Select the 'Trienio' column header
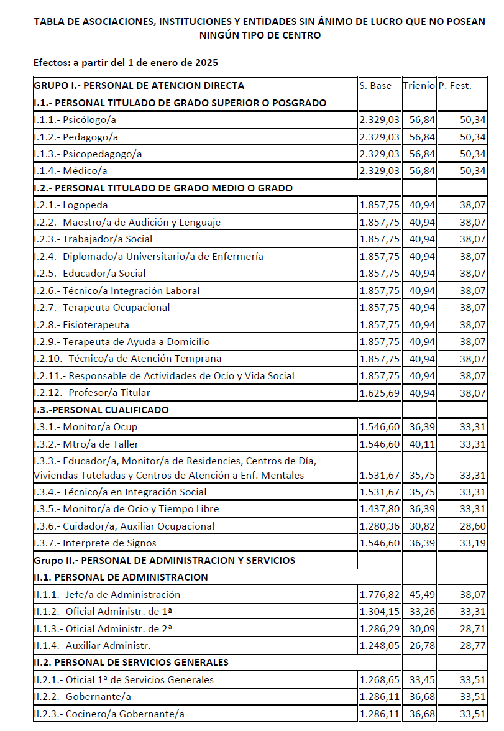coord(418,86)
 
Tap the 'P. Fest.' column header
coord(455,86)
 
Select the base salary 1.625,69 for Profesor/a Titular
coord(380,393)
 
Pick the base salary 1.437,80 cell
coord(380,509)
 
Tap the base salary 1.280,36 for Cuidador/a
coord(380,526)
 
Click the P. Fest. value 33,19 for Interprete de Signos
coord(473,543)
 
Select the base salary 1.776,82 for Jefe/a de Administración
coord(380,595)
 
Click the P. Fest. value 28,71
coord(473,629)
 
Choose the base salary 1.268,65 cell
coord(380,680)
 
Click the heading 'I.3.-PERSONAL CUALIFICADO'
coord(101,410)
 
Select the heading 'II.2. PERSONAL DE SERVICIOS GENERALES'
coord(131,663)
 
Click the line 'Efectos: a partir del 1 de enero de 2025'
coord(126,63)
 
